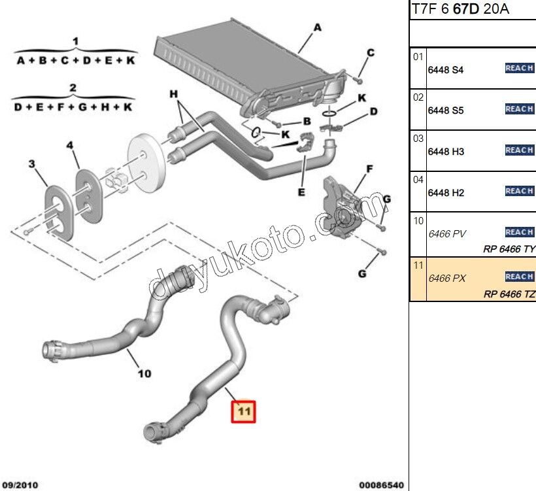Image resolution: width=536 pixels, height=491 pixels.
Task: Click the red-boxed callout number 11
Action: [x=243, y=411]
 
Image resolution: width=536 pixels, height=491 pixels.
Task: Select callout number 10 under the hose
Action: [x=144, y=374]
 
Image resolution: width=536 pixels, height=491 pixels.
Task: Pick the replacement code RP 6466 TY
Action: [x=509, y=249]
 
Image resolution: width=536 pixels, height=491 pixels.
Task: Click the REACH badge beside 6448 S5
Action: [x=519, y=109]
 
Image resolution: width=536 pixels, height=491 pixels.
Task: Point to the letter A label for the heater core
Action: [x=318, y=27]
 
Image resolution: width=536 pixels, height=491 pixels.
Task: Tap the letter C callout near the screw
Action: [x=369, y=53]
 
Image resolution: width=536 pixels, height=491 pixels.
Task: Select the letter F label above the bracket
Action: [x=369, y=169]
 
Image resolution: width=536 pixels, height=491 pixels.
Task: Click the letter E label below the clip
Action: [x=301, y=192]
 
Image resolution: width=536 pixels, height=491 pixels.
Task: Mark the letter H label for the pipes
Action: [x=174, y=95]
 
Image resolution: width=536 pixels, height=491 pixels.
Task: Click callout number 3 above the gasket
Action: [x=31, y=164]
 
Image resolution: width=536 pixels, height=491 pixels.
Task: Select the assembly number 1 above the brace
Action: [x=76, y=42]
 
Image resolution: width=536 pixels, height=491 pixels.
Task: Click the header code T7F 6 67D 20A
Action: [x=460, y=9]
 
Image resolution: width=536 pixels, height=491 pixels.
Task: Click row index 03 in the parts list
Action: [x=418, y=139]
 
